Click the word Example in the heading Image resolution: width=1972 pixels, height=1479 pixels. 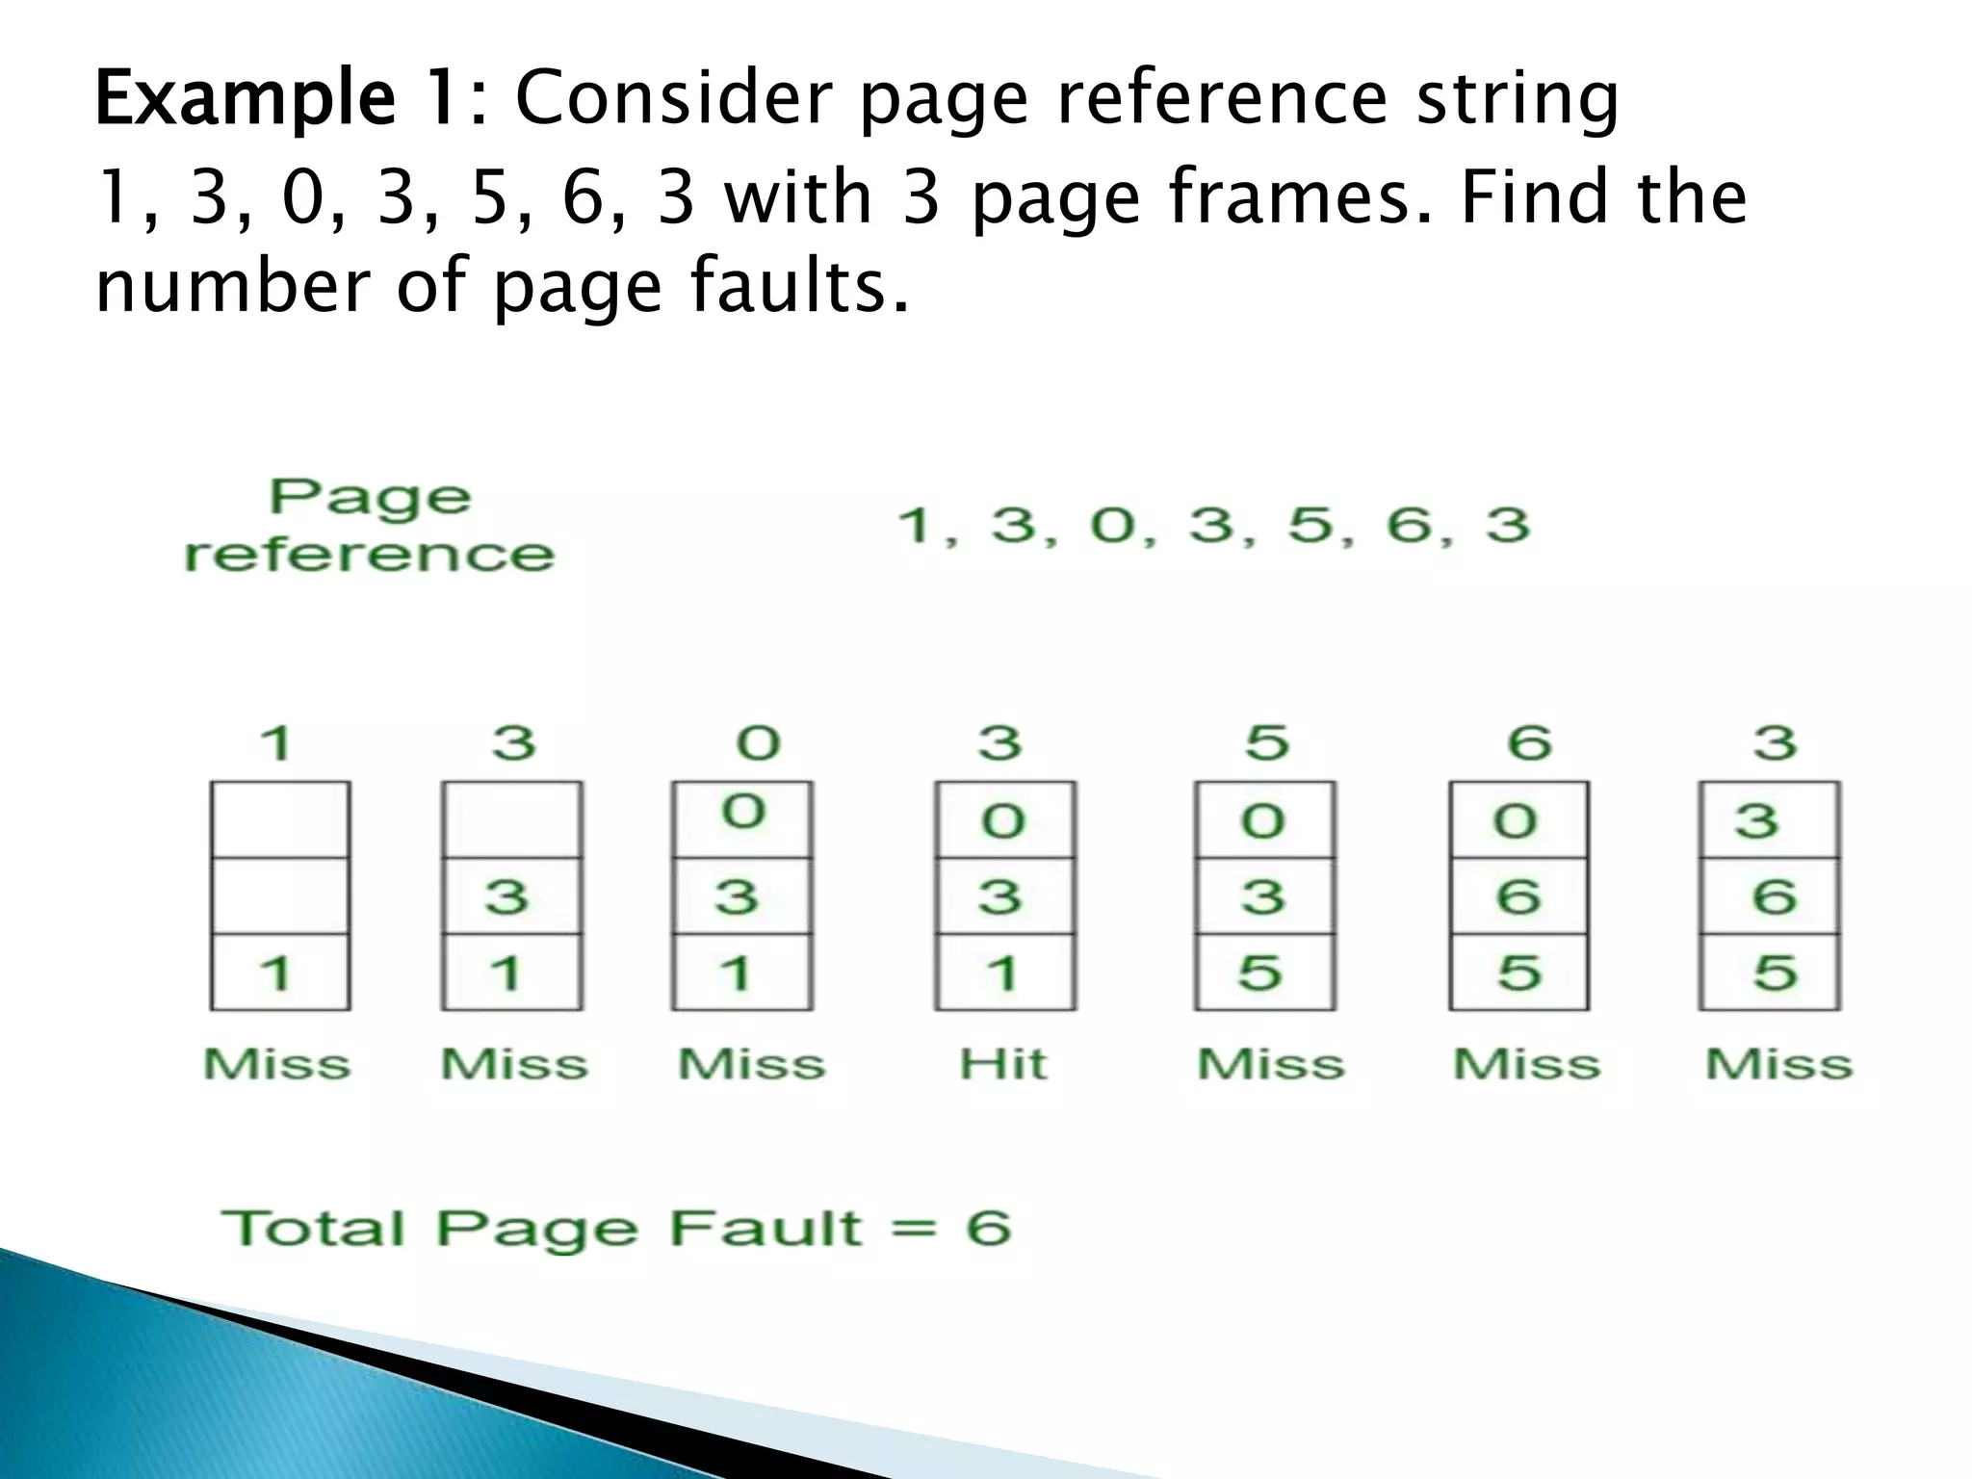(246, 99)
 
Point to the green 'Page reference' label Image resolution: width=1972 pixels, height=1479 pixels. (370, 526)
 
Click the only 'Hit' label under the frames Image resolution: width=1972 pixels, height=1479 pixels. (1002, 1065)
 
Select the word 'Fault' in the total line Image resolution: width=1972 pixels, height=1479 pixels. (765, 1229)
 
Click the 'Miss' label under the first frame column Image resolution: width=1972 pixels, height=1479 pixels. (277, 1065)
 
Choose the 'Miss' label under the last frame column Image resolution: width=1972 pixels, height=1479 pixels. (1778, 1065)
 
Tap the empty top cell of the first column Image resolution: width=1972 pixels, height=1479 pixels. (280, 819)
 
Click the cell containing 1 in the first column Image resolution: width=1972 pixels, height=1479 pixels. (280, 972)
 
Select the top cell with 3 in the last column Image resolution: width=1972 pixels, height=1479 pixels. (1769, 819)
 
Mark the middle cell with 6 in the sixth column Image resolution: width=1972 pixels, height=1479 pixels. (1518, 896)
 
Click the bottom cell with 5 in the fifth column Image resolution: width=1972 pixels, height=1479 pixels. (1264, 972)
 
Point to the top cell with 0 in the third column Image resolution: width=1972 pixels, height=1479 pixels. (742, 819)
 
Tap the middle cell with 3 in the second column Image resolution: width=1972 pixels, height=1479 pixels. (511, 896)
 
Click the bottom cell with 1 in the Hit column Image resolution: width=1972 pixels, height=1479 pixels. (1004, 972)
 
